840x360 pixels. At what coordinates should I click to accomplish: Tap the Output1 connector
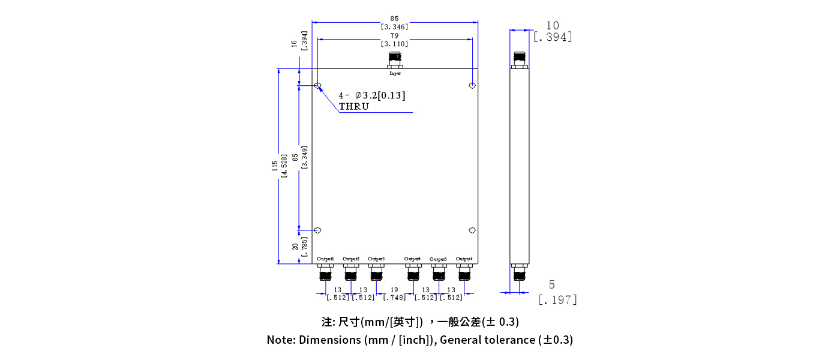pos(325,273)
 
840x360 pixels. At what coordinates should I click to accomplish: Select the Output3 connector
pos(376,273)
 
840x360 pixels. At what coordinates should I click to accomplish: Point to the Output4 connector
pos(413,273)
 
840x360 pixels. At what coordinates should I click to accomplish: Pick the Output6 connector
pos(464,273)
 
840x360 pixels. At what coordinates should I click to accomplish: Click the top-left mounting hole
pos(318,86)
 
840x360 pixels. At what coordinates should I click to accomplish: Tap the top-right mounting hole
pos(473,86)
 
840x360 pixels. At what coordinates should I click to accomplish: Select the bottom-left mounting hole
pos(318,230)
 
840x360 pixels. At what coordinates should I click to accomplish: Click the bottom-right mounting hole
pos(473,230)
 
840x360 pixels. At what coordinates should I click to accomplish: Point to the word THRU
pos(354,107)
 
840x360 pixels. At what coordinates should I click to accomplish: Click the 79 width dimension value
pos(394,36)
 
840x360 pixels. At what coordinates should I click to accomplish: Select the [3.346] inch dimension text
pos(394,26)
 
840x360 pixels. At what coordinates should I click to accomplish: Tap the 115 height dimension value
pos(275,166)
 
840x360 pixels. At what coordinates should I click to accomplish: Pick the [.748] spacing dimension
pos(395,298)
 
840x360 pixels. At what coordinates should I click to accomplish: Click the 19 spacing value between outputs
pos(394,290)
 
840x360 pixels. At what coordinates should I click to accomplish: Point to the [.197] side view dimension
pos(557,299)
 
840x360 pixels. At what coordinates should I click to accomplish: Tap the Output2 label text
pos(351,259)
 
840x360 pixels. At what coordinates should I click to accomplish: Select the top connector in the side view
pos(520,59)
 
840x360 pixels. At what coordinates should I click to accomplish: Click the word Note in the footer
pos(280,340)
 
